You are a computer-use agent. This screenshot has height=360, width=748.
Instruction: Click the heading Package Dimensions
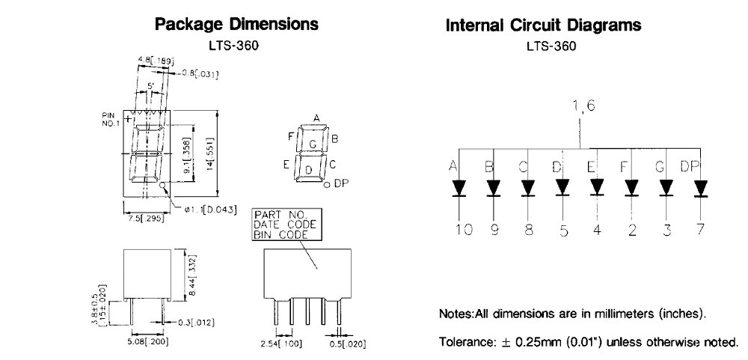coord(236,24)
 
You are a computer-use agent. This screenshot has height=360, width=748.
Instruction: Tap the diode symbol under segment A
coord(458,187)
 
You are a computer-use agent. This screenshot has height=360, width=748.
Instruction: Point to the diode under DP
coord(700,187)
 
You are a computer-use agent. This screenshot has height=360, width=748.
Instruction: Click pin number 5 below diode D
coord(564,231)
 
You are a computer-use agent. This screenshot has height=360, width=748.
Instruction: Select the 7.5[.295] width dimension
coord(144,219)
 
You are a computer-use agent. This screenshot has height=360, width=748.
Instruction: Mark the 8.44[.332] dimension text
coord(192,276)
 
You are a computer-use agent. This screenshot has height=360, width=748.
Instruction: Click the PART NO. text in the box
coord(278,216)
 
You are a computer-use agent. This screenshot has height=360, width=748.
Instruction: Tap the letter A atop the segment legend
coord(316,118)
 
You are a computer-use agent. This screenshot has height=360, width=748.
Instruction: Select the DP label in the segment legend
coord(340,183)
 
